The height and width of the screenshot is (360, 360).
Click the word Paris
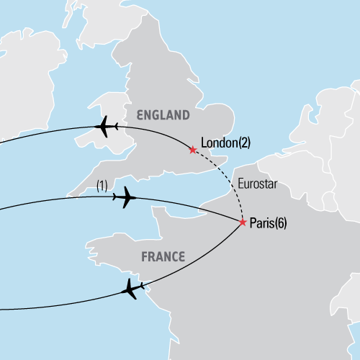261,224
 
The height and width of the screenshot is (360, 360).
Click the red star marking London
192,150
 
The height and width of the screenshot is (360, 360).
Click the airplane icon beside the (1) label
125,197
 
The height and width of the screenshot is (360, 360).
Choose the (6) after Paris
279,224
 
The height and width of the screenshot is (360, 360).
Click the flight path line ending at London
43,131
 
